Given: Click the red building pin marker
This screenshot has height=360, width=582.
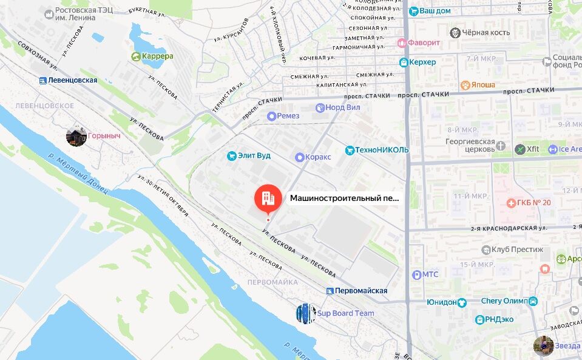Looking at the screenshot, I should [x=268, y=197].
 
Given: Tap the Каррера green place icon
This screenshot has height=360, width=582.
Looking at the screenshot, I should [x=136, y=56].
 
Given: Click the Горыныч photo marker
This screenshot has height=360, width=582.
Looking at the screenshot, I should [x=76, y=137].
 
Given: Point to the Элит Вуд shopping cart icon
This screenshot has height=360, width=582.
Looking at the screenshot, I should [x=231, y=156].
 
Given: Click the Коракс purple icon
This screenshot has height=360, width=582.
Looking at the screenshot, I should [x=299, y=157].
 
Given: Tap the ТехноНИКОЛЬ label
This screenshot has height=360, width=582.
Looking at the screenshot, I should [x=382, y=150].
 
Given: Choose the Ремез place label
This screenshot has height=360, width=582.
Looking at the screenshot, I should [x=288, y=116].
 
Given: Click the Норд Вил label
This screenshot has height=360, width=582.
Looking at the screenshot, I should [x=343, y=107].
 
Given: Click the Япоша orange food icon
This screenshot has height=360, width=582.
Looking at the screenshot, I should [x=465, y=86].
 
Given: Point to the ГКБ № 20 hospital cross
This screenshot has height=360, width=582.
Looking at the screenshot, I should [x=512, y=202].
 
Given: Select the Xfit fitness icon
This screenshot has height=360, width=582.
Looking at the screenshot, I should [x=519, y=149].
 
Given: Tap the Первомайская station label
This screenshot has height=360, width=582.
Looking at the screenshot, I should [x=361, y=291].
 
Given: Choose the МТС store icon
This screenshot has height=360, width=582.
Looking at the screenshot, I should [x=416, y=274].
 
